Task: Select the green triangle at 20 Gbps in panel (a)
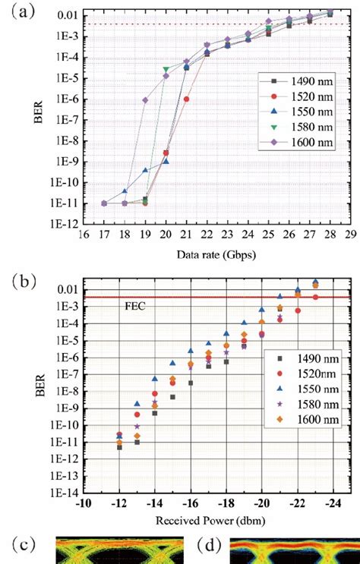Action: (x=166, y=69)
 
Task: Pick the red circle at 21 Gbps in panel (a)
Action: (x=187, y=99)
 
